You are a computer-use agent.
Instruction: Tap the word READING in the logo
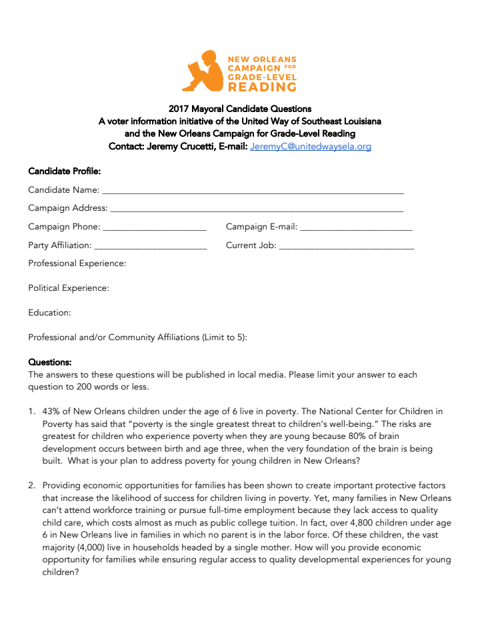262,87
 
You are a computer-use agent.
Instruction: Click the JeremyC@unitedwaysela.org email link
311,146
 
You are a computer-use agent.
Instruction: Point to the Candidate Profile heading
64,171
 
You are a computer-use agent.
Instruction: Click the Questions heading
49,362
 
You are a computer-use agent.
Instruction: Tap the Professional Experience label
77,263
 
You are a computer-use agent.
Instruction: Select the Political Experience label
68,288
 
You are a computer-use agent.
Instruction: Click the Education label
49,313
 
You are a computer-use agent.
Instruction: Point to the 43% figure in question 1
52,412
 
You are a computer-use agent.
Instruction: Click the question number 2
32,486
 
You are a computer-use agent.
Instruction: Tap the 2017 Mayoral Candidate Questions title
239,108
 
